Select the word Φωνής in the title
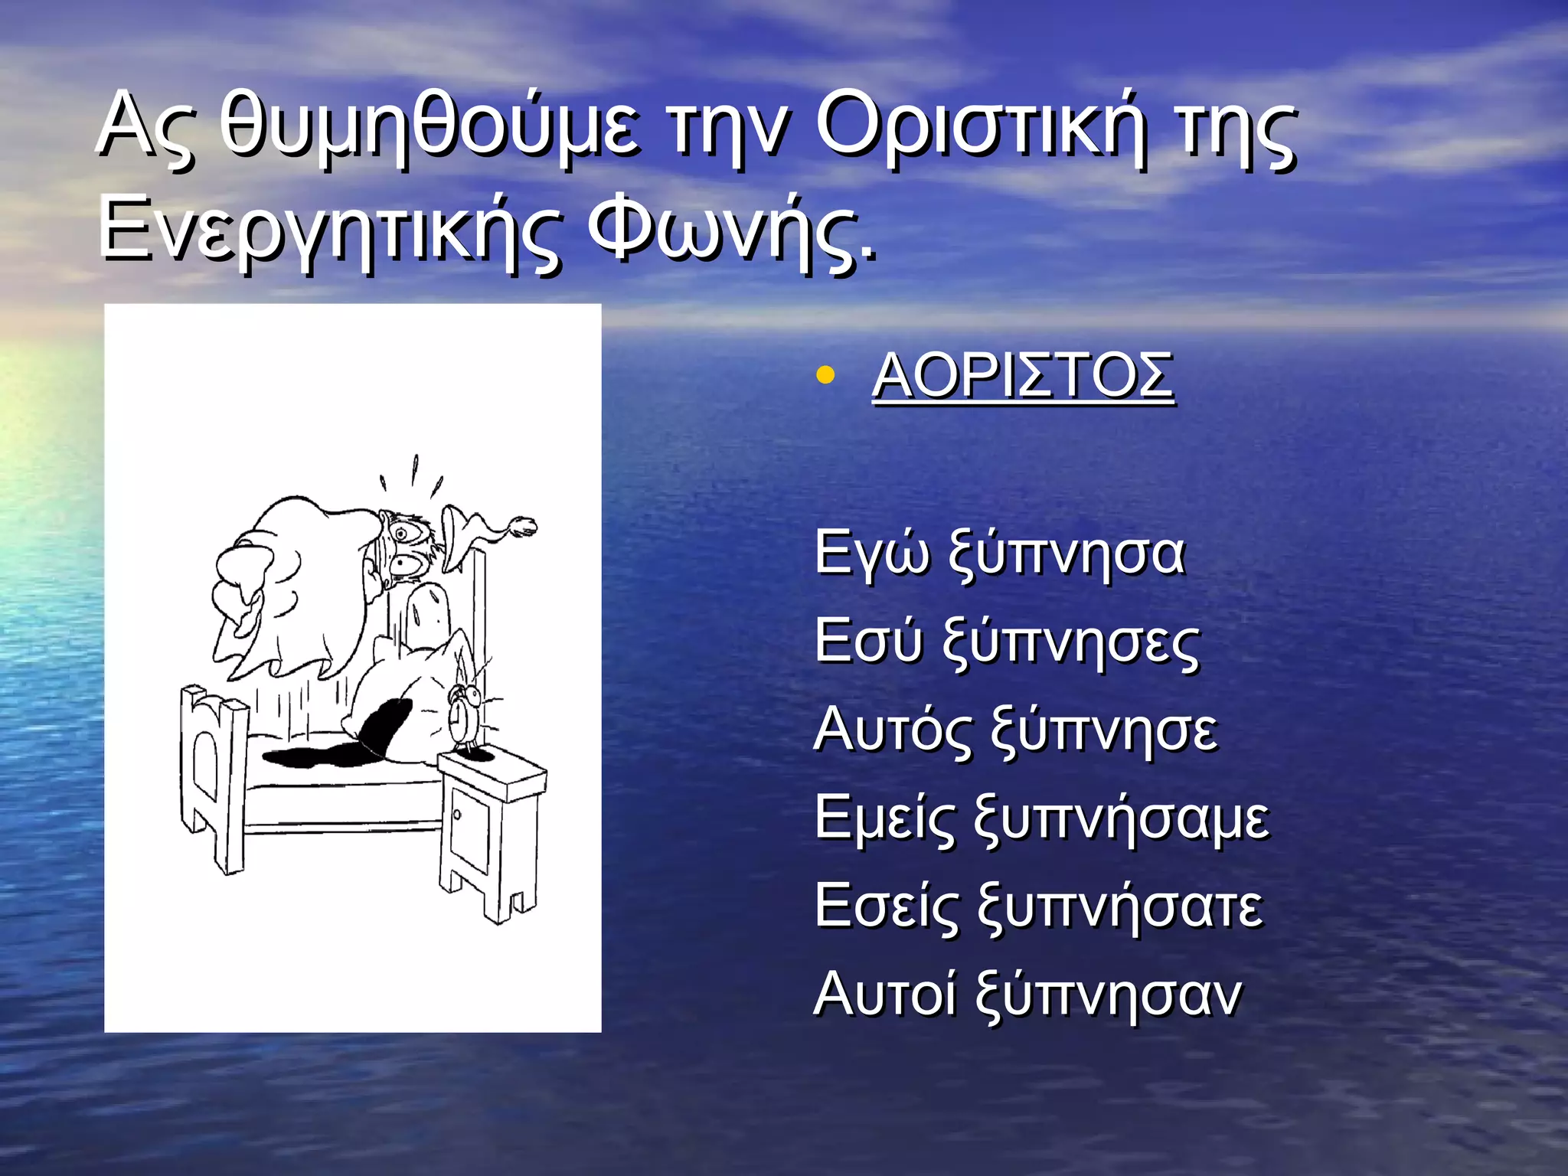pos(731,227)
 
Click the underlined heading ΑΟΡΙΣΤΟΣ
pos(1023,376)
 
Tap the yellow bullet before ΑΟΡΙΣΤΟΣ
pos(825,375)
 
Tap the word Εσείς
pos(886,906)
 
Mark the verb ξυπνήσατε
pos(1120,906)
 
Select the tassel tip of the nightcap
pos(524,527)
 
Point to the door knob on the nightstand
pos(457,814)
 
